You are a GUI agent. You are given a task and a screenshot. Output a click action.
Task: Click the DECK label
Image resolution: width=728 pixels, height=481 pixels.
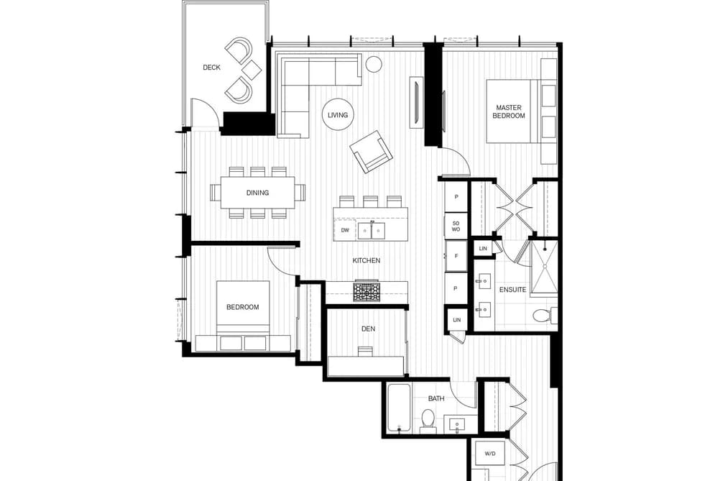point(211,68)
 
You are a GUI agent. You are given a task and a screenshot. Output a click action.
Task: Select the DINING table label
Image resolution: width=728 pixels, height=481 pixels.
point(257,193)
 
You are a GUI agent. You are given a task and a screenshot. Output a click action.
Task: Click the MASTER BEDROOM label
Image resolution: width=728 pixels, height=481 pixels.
point(508,111)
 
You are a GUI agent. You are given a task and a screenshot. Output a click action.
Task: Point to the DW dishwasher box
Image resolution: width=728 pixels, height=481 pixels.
point(345,230)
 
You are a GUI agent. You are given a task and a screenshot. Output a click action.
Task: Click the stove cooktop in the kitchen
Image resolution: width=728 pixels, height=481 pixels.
point(367,292)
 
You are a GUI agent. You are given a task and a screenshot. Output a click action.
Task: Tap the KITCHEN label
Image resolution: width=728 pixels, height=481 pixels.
point(367,260)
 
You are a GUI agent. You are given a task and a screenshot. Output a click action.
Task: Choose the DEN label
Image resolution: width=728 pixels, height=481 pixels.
point(368,329)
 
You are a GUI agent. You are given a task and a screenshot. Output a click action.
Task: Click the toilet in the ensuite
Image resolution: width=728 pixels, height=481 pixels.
point(544,316)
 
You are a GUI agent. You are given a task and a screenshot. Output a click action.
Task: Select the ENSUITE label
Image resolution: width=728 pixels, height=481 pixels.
point(512,290)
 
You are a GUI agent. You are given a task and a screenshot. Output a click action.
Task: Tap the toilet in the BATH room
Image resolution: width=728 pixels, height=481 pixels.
point(427,420)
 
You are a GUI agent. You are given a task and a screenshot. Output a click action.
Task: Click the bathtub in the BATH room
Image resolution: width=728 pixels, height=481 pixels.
point(399,408)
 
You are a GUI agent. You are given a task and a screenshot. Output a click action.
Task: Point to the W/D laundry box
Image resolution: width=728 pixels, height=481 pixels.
point(490,454)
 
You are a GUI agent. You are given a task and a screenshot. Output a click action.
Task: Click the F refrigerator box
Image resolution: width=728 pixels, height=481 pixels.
point(456,256)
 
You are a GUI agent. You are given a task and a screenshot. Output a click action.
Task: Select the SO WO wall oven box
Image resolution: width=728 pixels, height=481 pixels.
point(456,226)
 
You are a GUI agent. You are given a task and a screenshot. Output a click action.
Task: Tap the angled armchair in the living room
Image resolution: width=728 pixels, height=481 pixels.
point(372,152)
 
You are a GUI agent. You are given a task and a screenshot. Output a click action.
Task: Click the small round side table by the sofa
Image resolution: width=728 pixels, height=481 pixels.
point(373,64)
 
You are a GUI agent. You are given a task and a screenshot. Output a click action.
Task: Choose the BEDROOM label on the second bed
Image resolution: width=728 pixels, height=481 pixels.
point(242,307)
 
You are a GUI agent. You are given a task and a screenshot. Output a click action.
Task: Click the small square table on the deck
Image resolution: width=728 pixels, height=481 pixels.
point(252,70)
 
